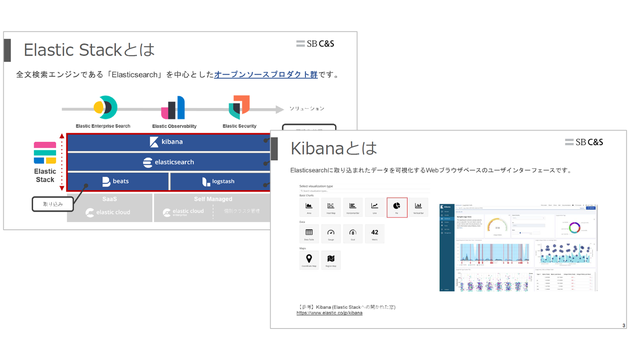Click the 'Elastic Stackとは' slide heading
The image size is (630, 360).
(89, 49)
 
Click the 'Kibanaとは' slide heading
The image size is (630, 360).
(334, 148)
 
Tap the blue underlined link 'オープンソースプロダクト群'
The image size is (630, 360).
(269, 74)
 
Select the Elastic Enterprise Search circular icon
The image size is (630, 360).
(105, 108)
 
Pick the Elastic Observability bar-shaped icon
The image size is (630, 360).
(173, 108)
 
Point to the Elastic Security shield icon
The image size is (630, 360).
(239, 107)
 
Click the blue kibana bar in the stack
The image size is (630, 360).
(167, 142)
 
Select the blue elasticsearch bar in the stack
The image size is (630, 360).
(167, 161)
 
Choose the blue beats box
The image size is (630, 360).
(115, 182)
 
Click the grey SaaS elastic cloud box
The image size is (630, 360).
(109, 207)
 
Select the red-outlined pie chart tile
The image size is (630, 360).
(396, 207)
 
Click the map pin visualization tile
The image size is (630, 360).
(308, 263)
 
